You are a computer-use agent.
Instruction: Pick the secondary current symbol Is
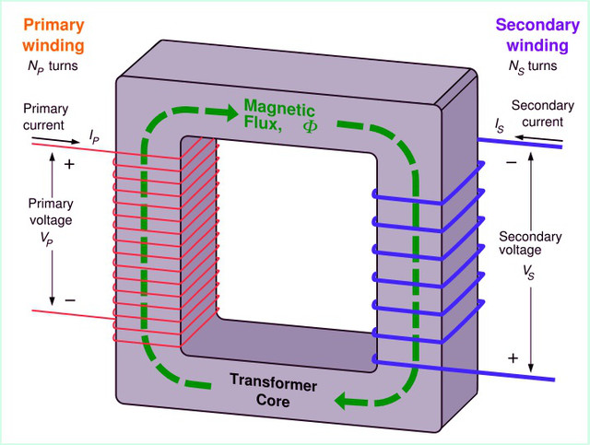[500, 123]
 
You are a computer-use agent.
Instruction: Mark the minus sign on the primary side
[70, 300]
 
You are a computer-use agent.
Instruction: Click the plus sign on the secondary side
[513, 357]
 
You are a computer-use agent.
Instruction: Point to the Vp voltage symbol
[49, 238]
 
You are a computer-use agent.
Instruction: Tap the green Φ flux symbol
[309, 122]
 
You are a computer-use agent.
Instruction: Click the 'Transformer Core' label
[273, 391]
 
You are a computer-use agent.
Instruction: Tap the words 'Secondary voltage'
[529, 242]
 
